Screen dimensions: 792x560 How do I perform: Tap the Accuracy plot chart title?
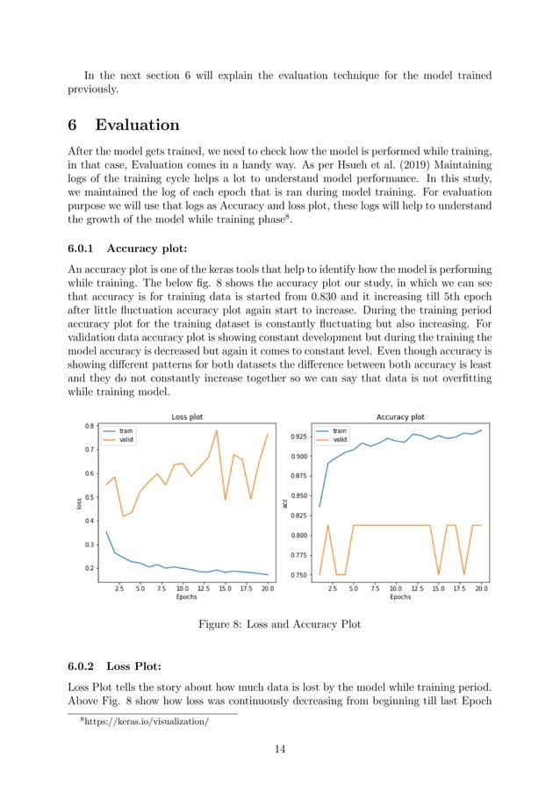point(400,418)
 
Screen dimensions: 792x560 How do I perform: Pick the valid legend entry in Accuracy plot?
point(338,441)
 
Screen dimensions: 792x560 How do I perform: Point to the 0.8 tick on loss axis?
point(88,427)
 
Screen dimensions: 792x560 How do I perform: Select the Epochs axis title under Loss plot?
point(186,596)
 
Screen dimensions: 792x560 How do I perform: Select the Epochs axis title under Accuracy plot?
point(400,596)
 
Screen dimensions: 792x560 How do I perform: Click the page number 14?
point(279,749)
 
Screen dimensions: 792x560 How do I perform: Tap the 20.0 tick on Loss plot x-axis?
point(267,588)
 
